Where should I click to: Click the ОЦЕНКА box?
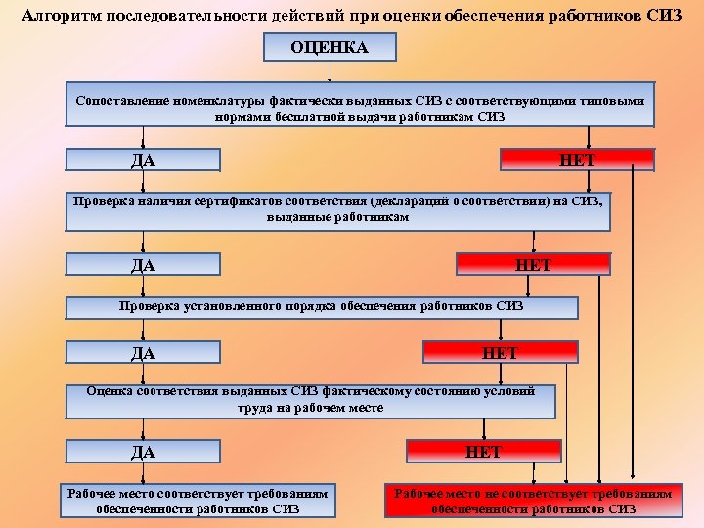[x=330, y=47]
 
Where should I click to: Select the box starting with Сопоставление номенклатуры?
[x=360, y=108]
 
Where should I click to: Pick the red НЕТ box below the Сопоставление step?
[x=577, y=159]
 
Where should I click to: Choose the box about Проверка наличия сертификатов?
[x=338, y=210]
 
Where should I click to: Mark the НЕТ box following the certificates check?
[x=533, y=264]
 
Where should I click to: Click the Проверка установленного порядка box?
[x=322, y=306]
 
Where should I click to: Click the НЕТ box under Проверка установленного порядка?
[x=500, y=352]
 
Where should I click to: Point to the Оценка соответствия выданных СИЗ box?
[x=311, y=399]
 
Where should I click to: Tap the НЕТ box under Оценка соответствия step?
[x=483, y=451]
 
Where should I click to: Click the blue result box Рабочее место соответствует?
[x=198, y=501]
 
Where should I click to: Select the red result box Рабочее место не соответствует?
[x=533, y=501]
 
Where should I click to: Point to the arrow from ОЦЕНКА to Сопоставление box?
[x=330, y=72]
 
